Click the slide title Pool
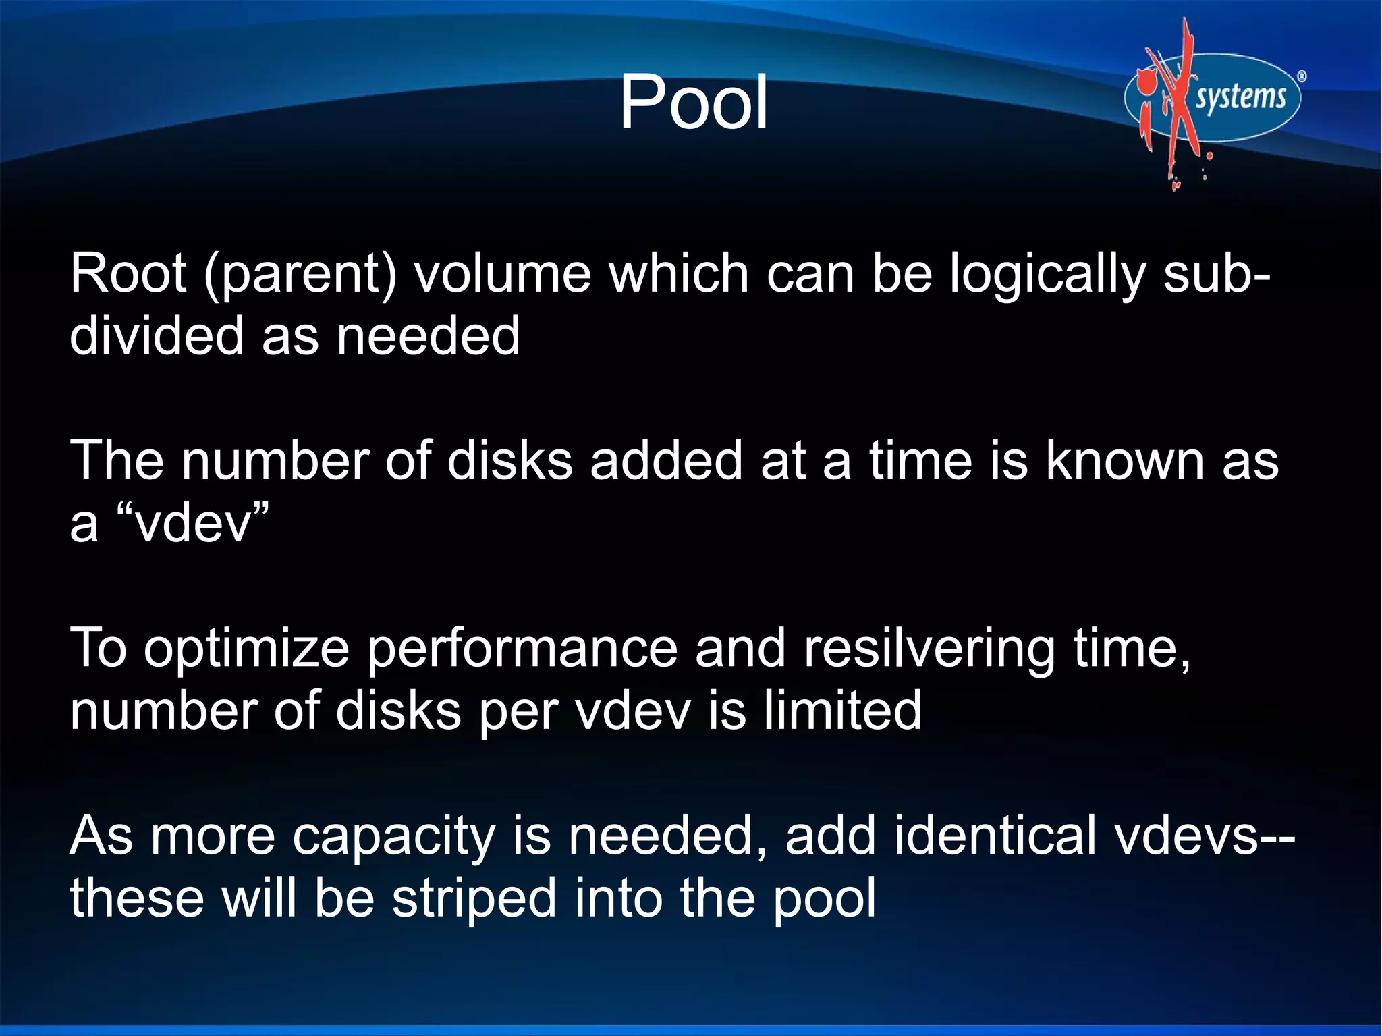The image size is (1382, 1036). pyautogui.click(x=694, y=103)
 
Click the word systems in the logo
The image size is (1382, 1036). pyautogui.click(x=1240, y=98)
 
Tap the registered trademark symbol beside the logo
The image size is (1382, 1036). pyautogui.click(x=1302, y=76)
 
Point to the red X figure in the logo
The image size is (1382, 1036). pyautogui.click(x=1172, y=101)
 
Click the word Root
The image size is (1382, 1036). pyautogui.click(x=128, y=273)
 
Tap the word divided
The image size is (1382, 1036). pyautogui.click(x=157, y=335)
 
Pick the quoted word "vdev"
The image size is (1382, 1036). pyautogui.click(x=193, y=523)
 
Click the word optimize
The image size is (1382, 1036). pyautogui.click(x=246, y=649)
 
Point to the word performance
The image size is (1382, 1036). pyautogui.click(x=522, y=649)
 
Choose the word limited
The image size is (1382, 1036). pyautogui.click(x=842, y=710)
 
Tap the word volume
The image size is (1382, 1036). pyautogui.click(x=503, y=273)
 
